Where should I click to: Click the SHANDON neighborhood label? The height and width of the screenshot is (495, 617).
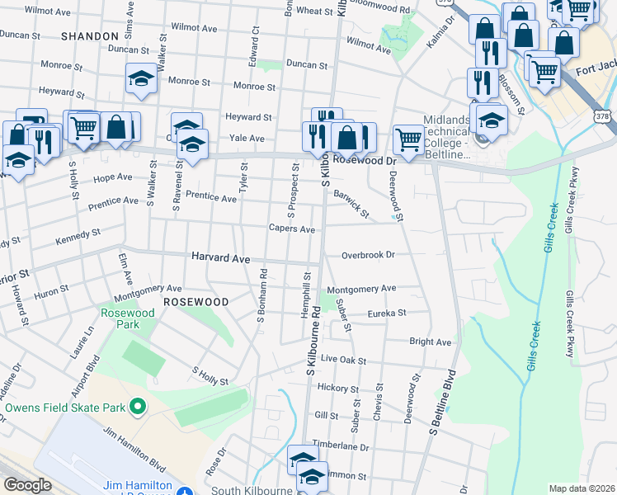90,36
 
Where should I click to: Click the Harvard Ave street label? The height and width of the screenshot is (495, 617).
220,258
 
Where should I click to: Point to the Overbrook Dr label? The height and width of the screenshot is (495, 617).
369,255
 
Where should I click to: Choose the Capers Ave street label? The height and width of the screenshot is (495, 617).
292,229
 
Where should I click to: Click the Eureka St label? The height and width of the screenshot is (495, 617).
390,313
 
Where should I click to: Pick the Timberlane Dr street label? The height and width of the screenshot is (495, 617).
340,445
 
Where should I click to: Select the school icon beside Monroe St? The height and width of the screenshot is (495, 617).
141,81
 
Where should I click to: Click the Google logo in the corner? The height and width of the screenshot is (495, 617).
27,485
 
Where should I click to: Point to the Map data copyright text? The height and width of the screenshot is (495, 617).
581,488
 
